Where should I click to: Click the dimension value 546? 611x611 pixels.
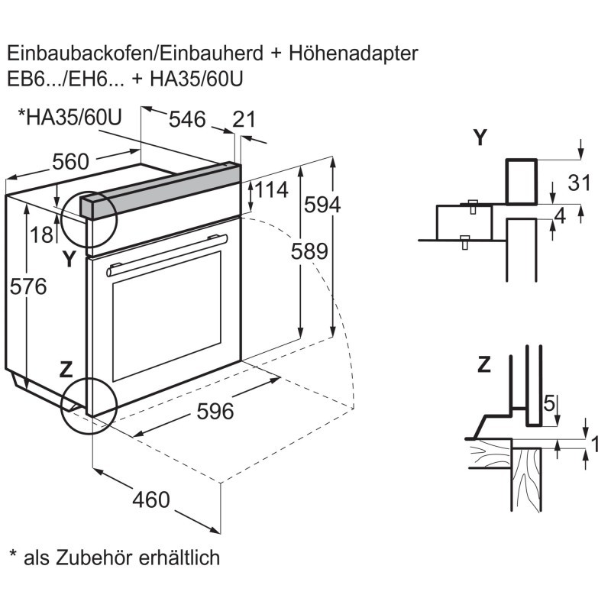click(187, 119)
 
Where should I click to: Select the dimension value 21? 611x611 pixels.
click(244, 119)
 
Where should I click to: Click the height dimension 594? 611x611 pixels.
click(322, 205)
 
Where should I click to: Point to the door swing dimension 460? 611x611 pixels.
click(150, 499)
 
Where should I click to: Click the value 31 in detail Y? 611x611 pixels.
click(580, 182)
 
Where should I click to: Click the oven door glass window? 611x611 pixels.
click(166, 314)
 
